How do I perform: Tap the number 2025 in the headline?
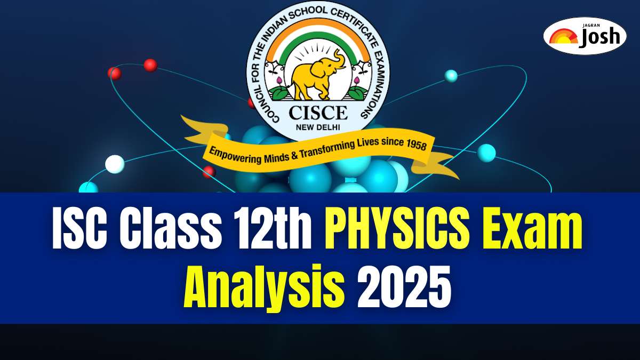tap(404, 286)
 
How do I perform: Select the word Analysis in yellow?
tap(265, 289)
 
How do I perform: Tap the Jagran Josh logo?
tap(585, 36)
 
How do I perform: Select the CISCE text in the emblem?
tap(318, 113)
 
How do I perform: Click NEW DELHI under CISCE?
tap(318, 127)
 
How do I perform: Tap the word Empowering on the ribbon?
tap(235, 156)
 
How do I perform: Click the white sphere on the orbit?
tap(115, 164)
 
